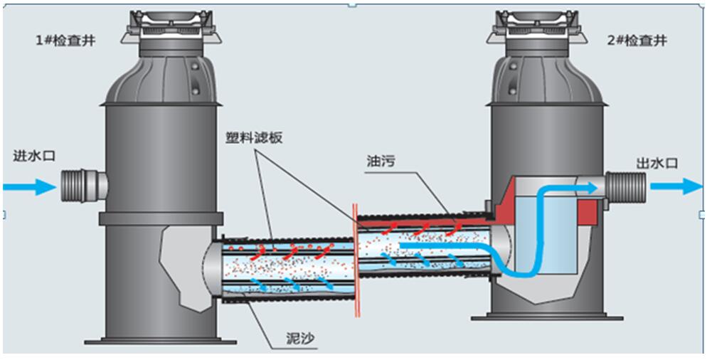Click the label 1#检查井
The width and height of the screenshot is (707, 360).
pyautogui.click(x=65, y=41)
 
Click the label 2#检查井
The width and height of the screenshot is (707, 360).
pyautogui.click(x=637, y=41)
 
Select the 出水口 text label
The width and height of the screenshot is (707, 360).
pyautogui.click(x=657, y=164)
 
